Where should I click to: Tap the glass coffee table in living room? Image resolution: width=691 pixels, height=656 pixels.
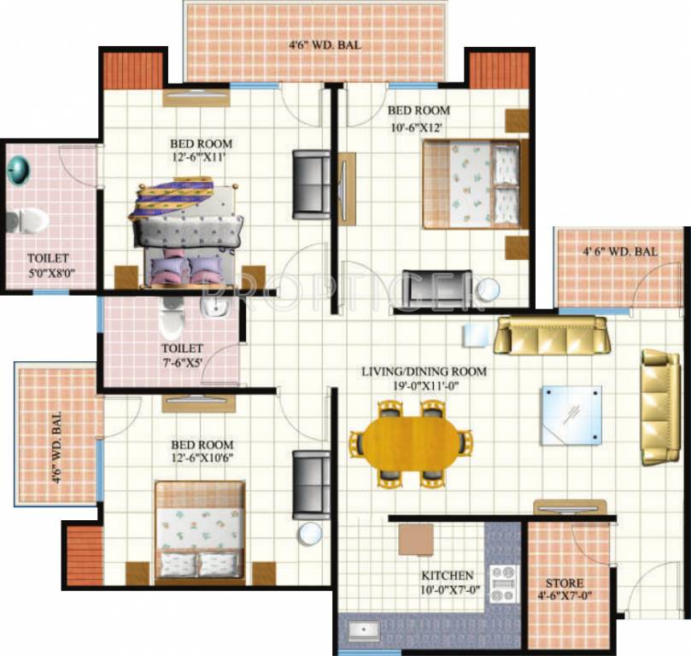571,415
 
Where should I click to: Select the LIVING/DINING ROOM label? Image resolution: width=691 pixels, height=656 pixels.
424,372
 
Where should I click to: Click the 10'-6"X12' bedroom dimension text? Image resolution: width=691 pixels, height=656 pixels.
418,128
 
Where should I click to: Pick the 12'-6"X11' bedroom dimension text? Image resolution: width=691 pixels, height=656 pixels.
201,157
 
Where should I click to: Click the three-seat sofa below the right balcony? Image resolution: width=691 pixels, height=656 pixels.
552,335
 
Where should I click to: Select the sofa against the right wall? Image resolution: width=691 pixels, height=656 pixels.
661,406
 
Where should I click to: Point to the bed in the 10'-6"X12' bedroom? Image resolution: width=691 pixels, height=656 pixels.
471,185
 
